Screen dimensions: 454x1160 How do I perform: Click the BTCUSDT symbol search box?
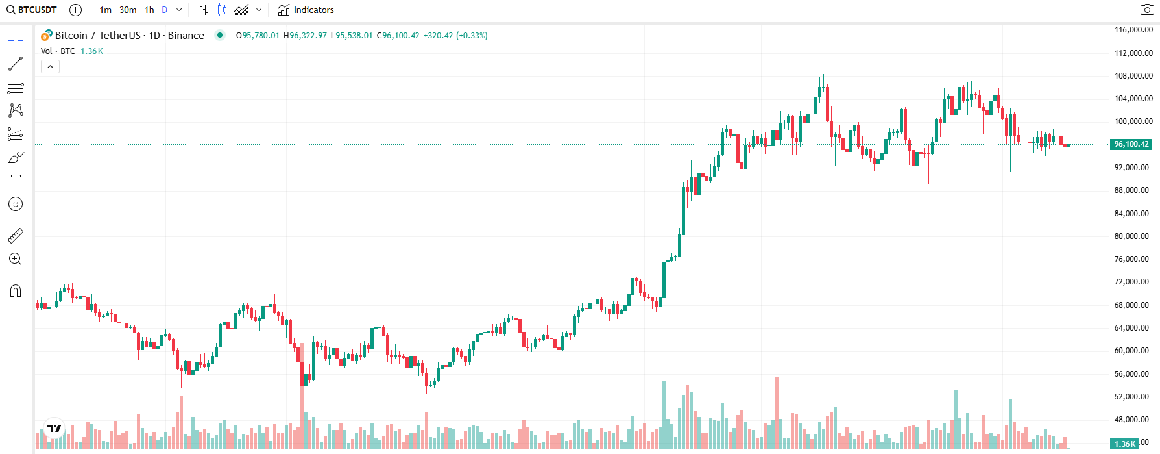tap(32, 10)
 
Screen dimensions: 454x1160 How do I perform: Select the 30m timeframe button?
tap(128, 10)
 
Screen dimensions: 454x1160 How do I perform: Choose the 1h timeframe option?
tap(149, 10)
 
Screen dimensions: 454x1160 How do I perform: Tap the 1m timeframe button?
tap(106, 10)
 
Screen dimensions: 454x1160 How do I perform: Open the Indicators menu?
tap(306, 10)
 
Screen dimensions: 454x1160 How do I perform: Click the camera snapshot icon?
tap(1147, 10)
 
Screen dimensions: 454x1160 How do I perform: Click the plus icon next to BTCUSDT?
tap(76, 10)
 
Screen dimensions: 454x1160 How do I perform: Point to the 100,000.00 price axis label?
tap(1133, 121)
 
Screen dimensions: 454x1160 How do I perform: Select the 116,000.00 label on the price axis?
tap(1133, 30)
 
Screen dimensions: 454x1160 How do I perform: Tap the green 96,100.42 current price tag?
tap(1131, 144)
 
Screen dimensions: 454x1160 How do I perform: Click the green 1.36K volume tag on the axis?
tap(1125, 444)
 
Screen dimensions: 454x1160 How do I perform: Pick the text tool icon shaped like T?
tap(16, 181)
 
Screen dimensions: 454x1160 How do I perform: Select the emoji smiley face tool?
tap(16, 204)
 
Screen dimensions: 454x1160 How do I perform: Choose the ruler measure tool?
tap(16, 236)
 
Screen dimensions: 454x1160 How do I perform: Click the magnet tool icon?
tap(16, 290)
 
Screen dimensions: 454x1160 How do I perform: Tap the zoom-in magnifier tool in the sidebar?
tap(16, 259)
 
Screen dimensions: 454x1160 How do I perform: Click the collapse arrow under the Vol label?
tap(50, 66)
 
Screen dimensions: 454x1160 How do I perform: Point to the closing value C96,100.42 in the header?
tap(398, 36)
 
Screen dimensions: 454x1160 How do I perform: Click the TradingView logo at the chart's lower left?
tap(54, 428)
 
